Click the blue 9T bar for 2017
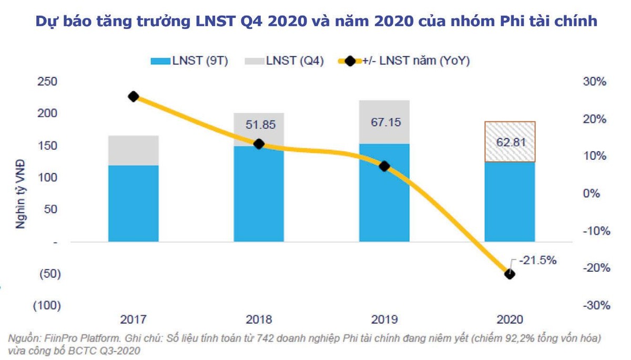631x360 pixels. [134, 203]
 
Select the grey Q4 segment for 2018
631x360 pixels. [259, 129]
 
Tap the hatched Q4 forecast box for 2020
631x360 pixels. [510, 142]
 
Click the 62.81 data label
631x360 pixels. [510, 142]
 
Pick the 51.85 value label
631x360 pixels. [259, 125]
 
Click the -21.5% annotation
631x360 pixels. [537, 260]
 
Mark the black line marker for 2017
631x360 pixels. [134, 96]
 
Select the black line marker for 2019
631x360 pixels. [384, 166]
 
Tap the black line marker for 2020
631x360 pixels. [510, 274]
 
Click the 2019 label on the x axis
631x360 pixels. [384, 319]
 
